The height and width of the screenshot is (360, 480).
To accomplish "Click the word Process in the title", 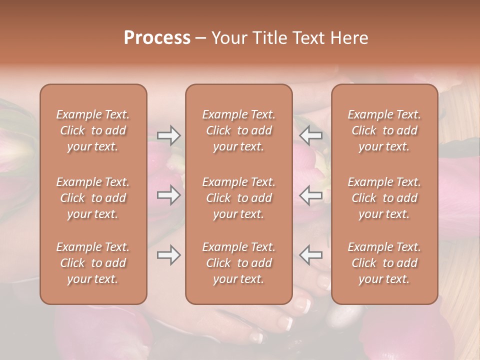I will click(x=157, y=38).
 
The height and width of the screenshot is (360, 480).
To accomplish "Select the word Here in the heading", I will click(x=349, y=38).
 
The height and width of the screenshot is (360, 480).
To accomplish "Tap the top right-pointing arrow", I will click(x=169, y=135).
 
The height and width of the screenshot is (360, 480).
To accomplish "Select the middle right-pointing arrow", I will click(x=169, y=195).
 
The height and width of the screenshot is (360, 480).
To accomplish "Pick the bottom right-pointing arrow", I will click(x=169, y=255).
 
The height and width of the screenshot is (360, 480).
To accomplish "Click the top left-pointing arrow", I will click(x=311, y=135).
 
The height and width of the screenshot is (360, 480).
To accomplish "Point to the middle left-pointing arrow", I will click(x=311, y=195).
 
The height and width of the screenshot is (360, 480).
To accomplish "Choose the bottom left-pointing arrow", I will click(x=311, y=255).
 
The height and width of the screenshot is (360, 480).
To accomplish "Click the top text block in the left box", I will click(x=93, y=130).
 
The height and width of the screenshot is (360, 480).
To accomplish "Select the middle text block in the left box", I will click(x=93, y=198).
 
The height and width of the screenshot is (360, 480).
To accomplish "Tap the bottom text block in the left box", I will click(x=93, y=263).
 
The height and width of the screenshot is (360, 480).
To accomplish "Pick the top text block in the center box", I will click(x=238, y=130).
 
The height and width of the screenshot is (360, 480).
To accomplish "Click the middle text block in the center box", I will click(x=238, y=198).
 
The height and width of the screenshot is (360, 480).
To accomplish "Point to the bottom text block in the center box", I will click(x=238, y=263).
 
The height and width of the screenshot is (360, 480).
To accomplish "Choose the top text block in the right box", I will click(x=384, y=130).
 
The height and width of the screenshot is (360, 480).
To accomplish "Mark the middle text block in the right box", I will click(x=384, y=198).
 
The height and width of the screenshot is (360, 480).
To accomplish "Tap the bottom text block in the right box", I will click(x=384, y=263).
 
